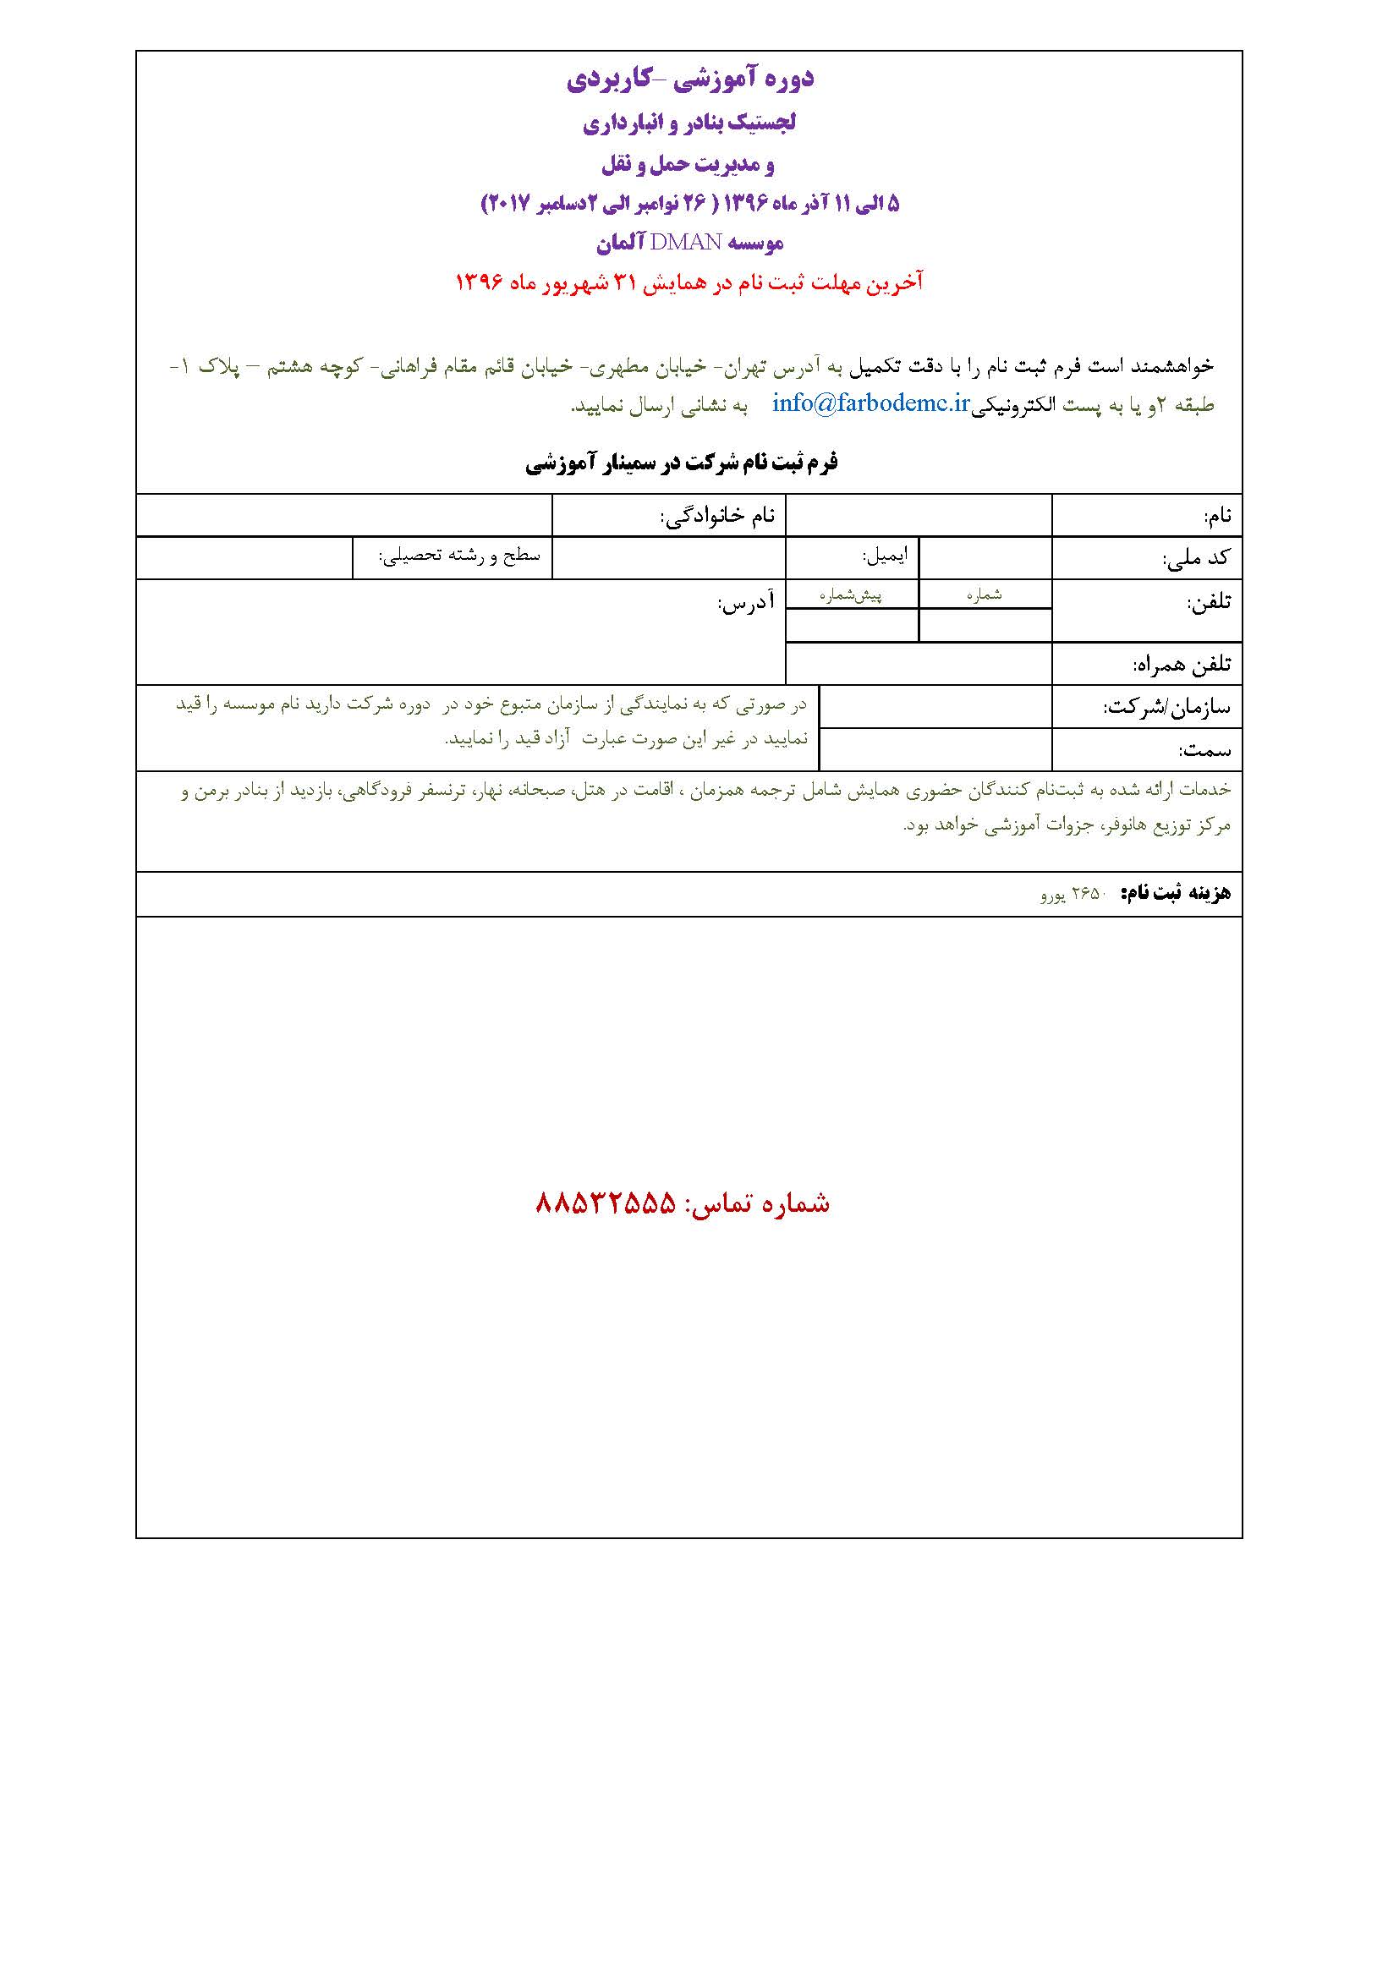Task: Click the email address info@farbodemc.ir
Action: tap(871, 403)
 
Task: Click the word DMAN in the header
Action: tap(686, 243)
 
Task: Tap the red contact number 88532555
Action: tap(606, 1203)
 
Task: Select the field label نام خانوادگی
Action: tap(717, 516)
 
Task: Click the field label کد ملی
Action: tap(1197, 558)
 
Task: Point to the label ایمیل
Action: tap(885, 556)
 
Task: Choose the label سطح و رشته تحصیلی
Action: tap(460, 556)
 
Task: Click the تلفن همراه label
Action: tap(1181, 664)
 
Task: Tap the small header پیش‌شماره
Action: tap(850, 594)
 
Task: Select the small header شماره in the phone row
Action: tap(984, 594)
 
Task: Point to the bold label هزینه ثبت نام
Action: tap(1176, 893)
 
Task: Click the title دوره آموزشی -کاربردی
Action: tap(690, 79)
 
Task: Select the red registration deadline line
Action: tap(689, 282)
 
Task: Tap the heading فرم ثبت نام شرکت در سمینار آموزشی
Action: tap(682, 463)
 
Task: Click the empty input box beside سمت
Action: tap(935, 749)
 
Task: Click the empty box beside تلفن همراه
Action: tap(919, 663)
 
